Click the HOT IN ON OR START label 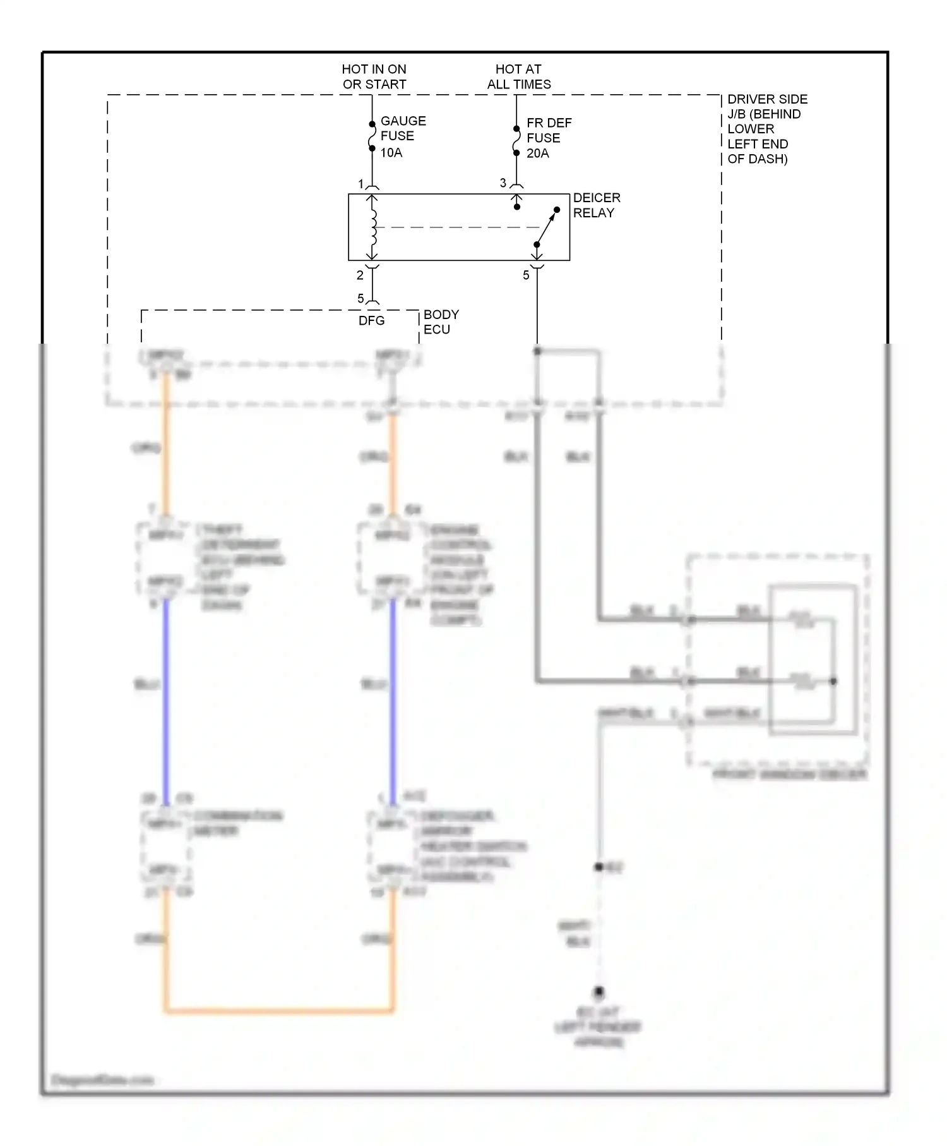(x=374, y=76)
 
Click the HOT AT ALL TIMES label (x=518, y=76)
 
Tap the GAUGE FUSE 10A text (x=402, y=136)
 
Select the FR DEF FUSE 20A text (x=548, y=138)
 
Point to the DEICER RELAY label (x=596, y=205)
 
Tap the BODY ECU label (x=441, y=322)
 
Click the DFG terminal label (x=371, y=321)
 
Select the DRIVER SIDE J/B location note (x=766, y=129)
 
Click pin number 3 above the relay (x=503, y=183)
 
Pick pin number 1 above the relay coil (x=361, y=184)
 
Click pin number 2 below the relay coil (x=360, y=275)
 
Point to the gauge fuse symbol (x=372, y=136)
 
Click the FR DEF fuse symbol (x=516, y=140)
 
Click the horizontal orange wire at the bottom (x=278, y=1011)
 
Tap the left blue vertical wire (x=166, y=695)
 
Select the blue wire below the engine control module (x=393, y=695)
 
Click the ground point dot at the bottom (x=599, y=991)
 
